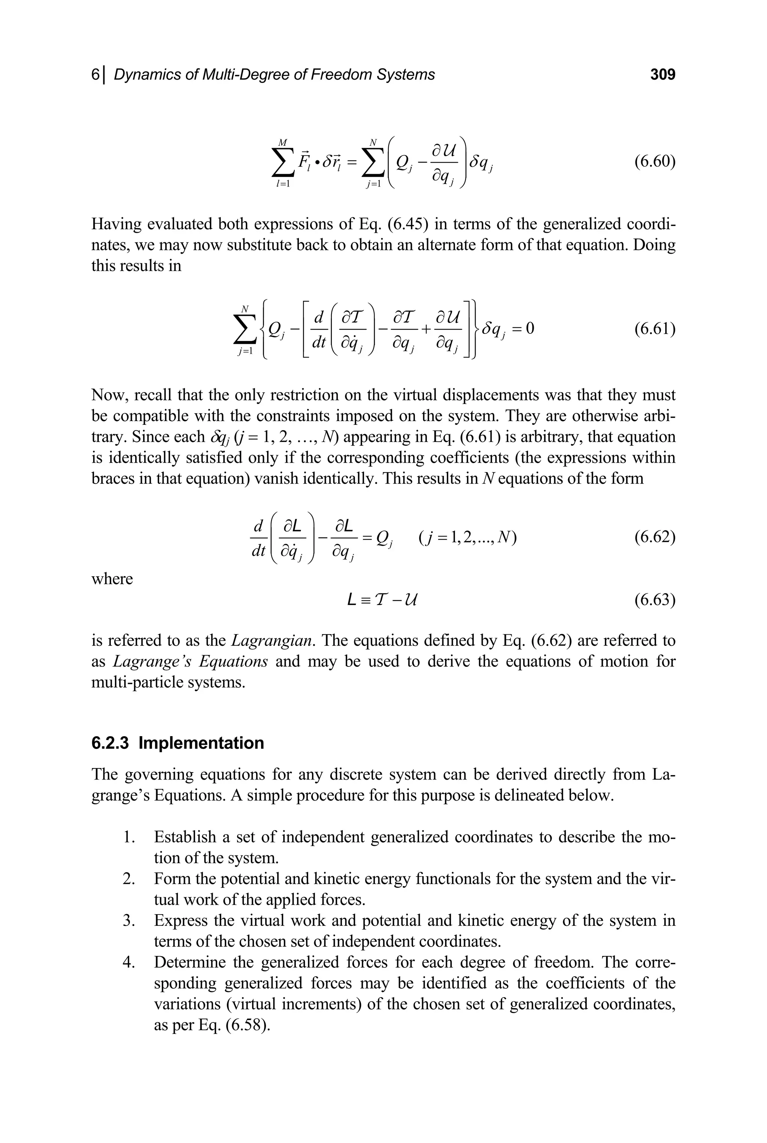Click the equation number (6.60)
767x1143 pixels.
[x=655, y=162]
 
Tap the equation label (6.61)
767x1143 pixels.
[x=655, y=329]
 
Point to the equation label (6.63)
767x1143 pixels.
[x=655, y=599]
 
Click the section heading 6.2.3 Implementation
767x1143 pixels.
[x=178, y=743]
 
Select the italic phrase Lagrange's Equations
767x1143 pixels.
[x=190, y=662]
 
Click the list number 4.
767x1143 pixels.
[x=128, y=962]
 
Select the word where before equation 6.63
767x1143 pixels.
[x=112, y=579]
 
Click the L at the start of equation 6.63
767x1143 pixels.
[x=351, y=599]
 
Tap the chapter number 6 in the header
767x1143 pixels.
[x=96, y=75]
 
